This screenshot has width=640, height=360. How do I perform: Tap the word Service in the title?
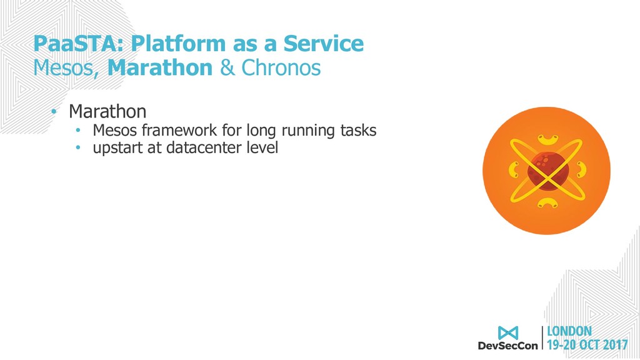(x=323, y=43)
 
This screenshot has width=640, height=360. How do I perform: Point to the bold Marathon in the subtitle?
(x=160, y=67)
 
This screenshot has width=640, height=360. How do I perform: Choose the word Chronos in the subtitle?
(x=281, y=67)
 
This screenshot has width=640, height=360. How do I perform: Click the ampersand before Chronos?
(x=227, y=68)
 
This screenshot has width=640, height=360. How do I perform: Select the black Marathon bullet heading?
(x=107, y=111)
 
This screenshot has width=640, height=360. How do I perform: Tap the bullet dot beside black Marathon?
(x=54, y=111)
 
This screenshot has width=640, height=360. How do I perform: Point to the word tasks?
(x=358, y=130)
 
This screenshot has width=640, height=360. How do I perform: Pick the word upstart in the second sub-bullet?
(x=117, y=147)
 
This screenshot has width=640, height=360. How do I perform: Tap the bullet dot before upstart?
(x=78, y=147)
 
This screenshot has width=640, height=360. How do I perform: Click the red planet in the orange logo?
(x=547, y=171)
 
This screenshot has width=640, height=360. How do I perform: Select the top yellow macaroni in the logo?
(x=547, y=140)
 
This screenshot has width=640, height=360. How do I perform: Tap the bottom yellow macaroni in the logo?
(x=547, y=203)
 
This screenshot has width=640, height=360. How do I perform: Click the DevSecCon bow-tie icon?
(x=507, y=332)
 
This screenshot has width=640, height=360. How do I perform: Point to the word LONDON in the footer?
(x=569, y=331)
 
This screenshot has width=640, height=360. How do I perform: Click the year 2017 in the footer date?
(x=616, y=345)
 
